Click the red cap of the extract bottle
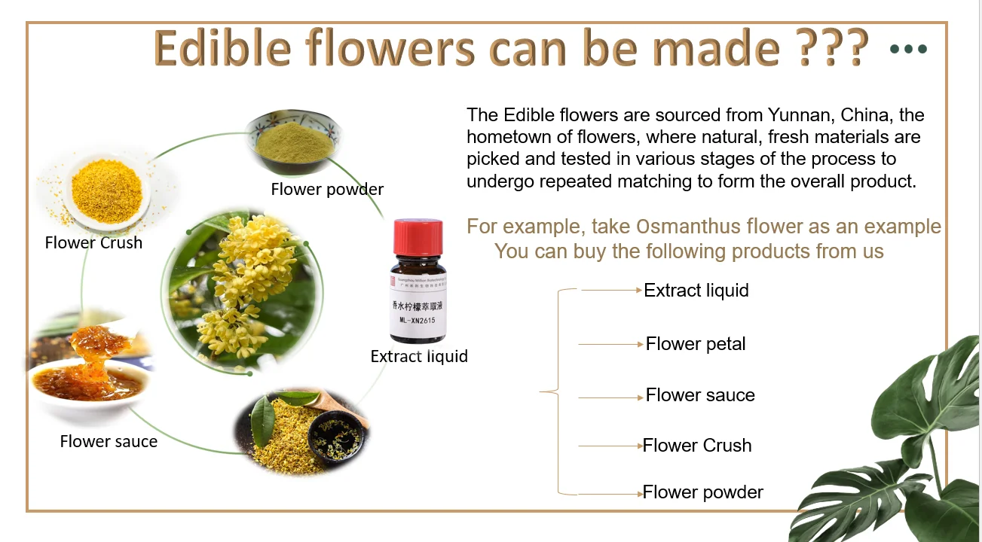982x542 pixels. pos(419,236)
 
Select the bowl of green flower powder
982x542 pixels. pos(294,139)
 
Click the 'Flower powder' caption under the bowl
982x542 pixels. pos(327,190)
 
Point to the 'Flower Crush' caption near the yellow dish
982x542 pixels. pos(93,242)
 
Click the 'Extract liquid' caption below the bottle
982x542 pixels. pos(419,356)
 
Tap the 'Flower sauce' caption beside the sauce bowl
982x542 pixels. pos(109,441)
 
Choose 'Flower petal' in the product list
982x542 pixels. pos(696,344)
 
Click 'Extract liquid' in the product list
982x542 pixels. pos(696,291)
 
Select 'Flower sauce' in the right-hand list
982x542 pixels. pos(700,395)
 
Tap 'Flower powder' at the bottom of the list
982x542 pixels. pos(703,492)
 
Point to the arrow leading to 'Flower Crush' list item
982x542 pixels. pos(609,446)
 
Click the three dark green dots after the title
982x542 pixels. pos(908,50)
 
